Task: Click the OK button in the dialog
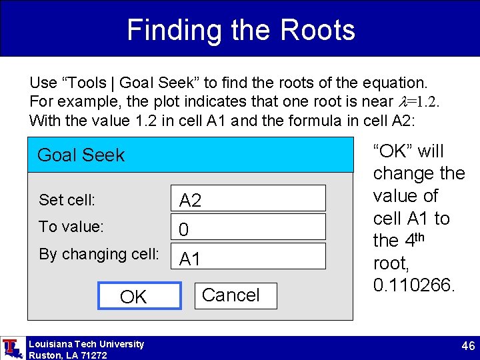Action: coord(139,296)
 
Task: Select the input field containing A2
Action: coord(248,199)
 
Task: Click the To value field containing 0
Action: coord(248,227)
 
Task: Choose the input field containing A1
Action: coord(248,257)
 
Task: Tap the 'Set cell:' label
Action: coord(67,199)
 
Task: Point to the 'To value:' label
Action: coord(71,227)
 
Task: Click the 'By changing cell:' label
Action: coord(99,254)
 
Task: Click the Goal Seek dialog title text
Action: coord(81,155)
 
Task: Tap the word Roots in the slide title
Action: coord(318,30)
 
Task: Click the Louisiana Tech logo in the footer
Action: coord(11,348)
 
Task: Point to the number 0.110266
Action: coord(413,286)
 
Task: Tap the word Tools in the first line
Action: coord(87,83)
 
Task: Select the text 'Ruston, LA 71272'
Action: coord(68,355)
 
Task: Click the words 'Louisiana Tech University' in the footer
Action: coord(86,344)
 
